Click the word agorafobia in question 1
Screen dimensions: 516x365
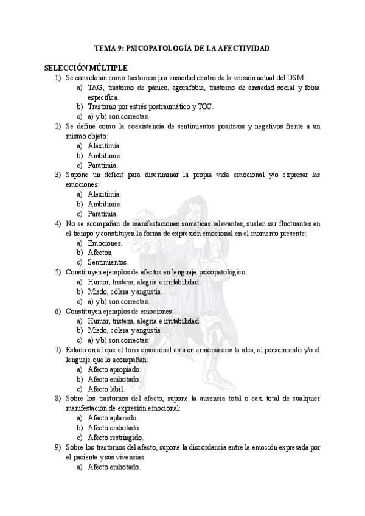coord(193,88)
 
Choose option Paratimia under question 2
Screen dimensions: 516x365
coord(103,165)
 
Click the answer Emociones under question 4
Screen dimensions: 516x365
coord(105,243)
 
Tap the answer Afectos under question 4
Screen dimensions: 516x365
coord(100,253)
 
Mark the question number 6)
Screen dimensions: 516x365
coord(57,311)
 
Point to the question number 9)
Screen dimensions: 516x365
coord(57,447)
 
